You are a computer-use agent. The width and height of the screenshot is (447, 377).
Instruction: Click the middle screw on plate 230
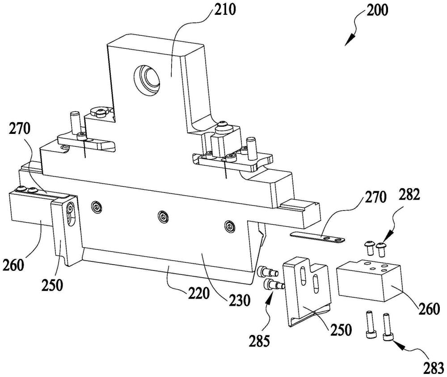164,217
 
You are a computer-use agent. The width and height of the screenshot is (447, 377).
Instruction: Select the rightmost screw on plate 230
230,226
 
